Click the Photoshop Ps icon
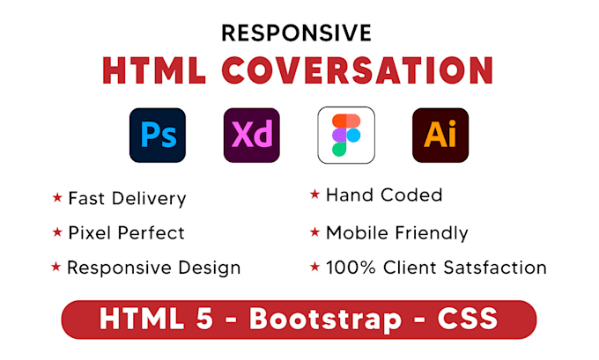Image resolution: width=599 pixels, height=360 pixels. (158, 136)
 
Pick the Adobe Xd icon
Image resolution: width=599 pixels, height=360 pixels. (251, 136)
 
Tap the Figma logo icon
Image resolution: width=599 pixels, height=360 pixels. (346, 136)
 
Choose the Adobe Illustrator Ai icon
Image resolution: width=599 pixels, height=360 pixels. (440, 136)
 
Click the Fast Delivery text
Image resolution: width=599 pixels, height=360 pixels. (127, 199)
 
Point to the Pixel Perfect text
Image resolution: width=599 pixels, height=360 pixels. (126, 233)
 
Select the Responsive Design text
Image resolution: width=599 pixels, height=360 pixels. (153, 268)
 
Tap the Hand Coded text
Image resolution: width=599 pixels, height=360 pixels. (383, 195)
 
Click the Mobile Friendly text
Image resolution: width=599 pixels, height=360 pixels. (396, 233)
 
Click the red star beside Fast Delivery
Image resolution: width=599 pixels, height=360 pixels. (57, 198)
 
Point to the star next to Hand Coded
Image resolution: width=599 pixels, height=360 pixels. (314, 195)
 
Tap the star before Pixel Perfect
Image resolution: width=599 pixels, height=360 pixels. (57, 232)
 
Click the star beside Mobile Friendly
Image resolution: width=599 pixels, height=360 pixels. (314, 232)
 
